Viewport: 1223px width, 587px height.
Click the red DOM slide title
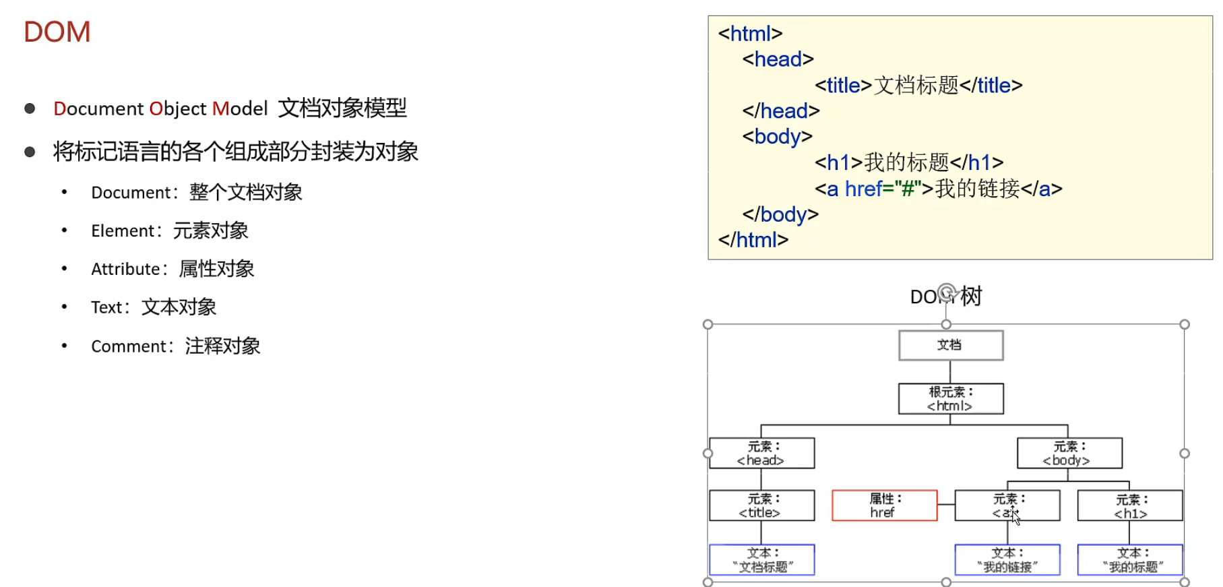[x=57, y=32]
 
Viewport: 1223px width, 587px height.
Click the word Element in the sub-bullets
[x=123, y=231]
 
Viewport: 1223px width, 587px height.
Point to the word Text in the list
[x=107, y=308]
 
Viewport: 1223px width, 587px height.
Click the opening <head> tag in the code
[x=778, y=59]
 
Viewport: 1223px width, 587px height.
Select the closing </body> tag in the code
[x=780, y=214]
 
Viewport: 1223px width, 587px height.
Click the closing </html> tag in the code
[x=753, y=240]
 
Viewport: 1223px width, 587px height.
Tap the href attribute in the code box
[x=863, y=189]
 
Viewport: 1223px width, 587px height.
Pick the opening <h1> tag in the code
[x=838, y=162]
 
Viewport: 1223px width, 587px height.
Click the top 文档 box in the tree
[x=950, y=345]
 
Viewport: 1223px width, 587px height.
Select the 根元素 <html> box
[x=950, y=399]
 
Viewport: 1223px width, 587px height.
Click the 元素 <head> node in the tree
[x=761, y=454]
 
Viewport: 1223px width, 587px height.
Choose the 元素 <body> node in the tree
[x=1069, y=454]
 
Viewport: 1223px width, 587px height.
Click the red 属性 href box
[x=884, y=505]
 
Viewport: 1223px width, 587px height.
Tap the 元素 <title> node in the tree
[x=761, y=505]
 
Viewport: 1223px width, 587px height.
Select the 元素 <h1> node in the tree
[x=1129, y=506]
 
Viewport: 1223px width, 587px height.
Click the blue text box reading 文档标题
[x=761, y=560]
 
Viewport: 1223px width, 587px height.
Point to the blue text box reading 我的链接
[x=1007, y=560]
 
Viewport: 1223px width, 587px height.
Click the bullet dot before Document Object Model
[x=30, y=109]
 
